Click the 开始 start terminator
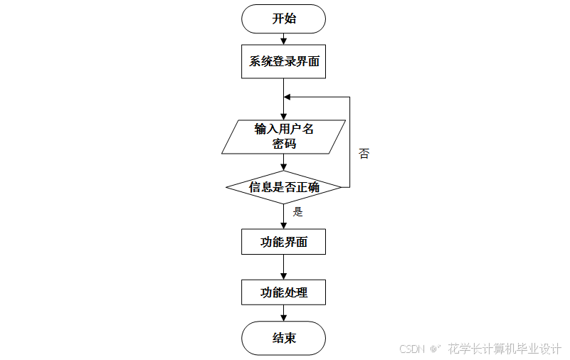(284, 18)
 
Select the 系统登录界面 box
(284, 62)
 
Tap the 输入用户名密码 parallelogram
(284, 137)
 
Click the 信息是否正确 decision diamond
(284, 188)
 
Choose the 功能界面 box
(284, 242)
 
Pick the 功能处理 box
(284, 292)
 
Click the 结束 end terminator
(284, 338)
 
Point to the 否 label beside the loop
(364, 154)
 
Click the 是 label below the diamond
(298, 211)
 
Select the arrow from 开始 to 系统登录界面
(284, 40)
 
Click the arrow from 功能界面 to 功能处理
(284, 267)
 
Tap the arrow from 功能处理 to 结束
(284, 313)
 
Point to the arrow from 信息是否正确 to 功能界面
(284, 217)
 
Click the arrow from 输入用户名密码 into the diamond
(284, 162)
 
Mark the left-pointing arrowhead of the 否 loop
(287, 97)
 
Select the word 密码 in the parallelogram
(284, 144)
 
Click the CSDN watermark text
(412, 349)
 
